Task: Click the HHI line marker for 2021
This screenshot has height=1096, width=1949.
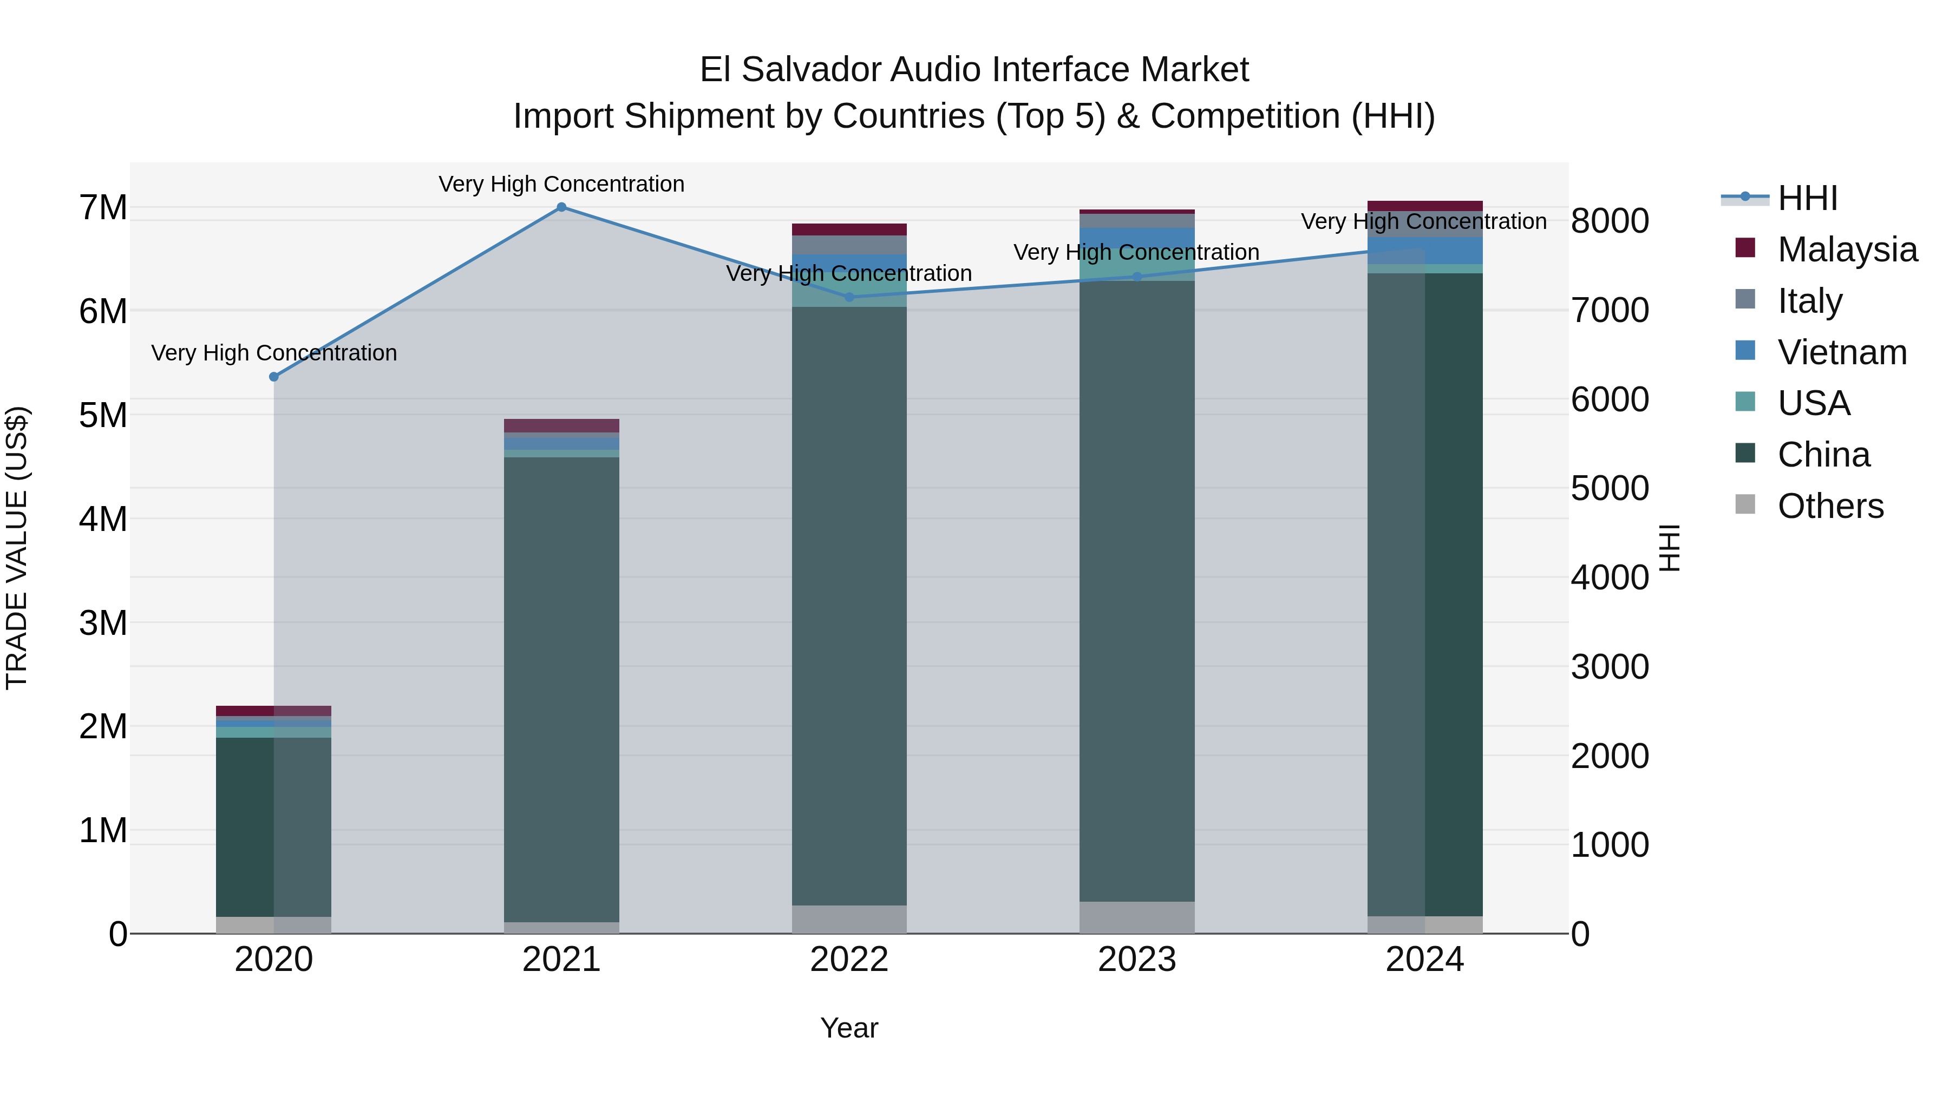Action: [x=561, y=207]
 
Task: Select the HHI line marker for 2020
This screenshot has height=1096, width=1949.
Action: [x=274, y=377]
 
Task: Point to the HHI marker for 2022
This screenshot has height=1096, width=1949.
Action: [x=849, y=297]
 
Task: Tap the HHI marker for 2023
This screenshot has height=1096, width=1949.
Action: [x=1136, y=277]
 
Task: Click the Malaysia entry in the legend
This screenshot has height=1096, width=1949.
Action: [x=1846, y=250]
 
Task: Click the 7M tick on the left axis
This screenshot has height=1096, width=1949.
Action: [x=103, y=207]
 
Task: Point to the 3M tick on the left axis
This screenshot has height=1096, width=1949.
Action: [x=103, y=624]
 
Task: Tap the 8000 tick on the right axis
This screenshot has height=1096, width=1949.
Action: [x=1610, y=221]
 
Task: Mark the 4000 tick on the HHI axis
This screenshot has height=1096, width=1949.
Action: [x=1610, y=578]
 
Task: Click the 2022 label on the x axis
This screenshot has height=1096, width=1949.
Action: [x=849, y=960]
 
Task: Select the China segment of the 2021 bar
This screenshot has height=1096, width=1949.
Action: [x=561, y=688]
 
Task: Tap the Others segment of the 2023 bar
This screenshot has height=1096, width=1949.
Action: [x=1136, y=917]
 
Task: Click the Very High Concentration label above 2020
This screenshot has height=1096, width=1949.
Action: [x=274, y=353]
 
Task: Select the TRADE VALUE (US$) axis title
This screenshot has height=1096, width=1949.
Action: [x=17, y=548]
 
